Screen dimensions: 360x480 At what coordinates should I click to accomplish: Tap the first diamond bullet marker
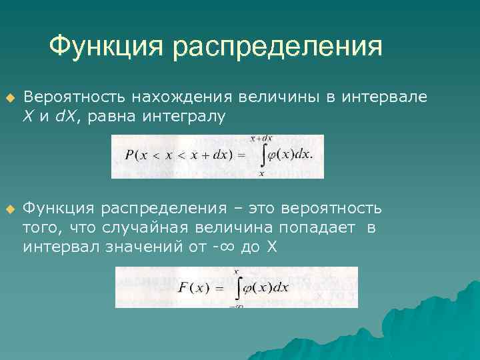(x=9, y=97)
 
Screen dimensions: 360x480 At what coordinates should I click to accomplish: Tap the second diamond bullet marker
(x=9, y=209)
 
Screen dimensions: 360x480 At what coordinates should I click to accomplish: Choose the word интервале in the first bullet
(x=385, y=97)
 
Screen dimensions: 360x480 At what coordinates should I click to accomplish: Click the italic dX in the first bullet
(x=66, y=116)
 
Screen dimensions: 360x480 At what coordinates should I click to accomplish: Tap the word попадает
(x=309, y=228)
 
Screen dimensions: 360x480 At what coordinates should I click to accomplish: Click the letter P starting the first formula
(x=129, y=155)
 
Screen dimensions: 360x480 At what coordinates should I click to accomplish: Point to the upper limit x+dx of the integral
(x=261, y=139)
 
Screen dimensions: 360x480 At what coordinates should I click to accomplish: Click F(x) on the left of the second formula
(x=193, y=287)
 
